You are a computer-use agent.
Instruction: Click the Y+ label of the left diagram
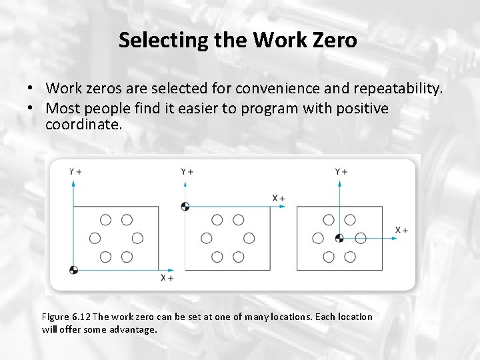pos(75,172)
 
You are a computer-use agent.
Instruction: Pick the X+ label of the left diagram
pos(167,277)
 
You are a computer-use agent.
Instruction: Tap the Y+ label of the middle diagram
pos(187,172)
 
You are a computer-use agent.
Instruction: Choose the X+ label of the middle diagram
pos(279,198)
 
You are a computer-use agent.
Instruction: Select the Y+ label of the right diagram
pos(341,172)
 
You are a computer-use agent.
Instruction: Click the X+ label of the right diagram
pos(401,230)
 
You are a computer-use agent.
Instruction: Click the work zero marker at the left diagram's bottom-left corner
pos(73,269)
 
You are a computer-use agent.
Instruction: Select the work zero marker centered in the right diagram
pos(339,238)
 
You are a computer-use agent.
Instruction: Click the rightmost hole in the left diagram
pos(137,238)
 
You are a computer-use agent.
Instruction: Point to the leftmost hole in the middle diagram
pos(207,238)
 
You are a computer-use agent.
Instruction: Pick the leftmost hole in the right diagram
pos(318,238)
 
